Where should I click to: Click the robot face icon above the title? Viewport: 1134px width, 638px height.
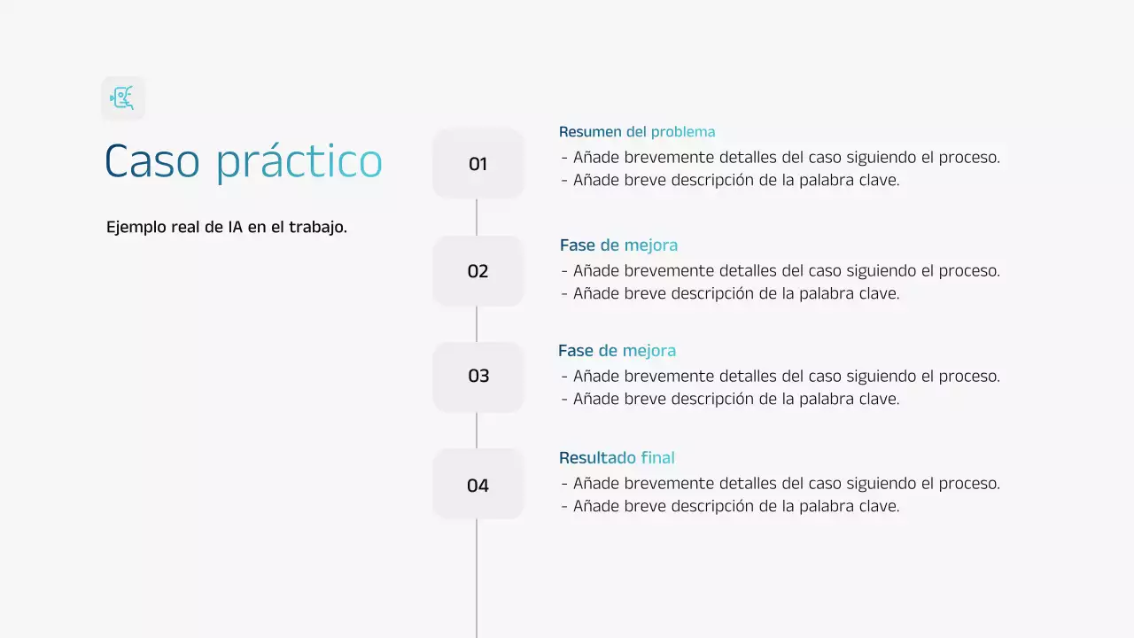click(122, 97)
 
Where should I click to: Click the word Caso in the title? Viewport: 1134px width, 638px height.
click(151, 162)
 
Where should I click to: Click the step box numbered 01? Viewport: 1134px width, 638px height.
click(478, 164)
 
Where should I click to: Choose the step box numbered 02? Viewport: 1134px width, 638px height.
click(478, 271)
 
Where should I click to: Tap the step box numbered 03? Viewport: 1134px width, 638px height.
click(478, 377)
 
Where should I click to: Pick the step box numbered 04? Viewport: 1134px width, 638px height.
click(478, 485)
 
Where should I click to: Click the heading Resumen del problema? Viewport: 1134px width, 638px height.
click(636, 132)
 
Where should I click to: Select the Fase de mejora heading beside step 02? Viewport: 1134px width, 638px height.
click(618, 245)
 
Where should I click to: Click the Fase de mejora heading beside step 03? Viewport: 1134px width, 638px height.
click(617, 351)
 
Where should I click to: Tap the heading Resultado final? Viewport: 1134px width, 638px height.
click(617, 458)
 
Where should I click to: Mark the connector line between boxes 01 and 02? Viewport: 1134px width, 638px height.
click(477, 217)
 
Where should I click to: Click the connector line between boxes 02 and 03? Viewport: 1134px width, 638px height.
click(477, 324)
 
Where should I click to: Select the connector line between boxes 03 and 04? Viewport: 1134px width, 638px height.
click(477, 431)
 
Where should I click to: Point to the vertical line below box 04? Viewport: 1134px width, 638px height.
click(477, 576)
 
